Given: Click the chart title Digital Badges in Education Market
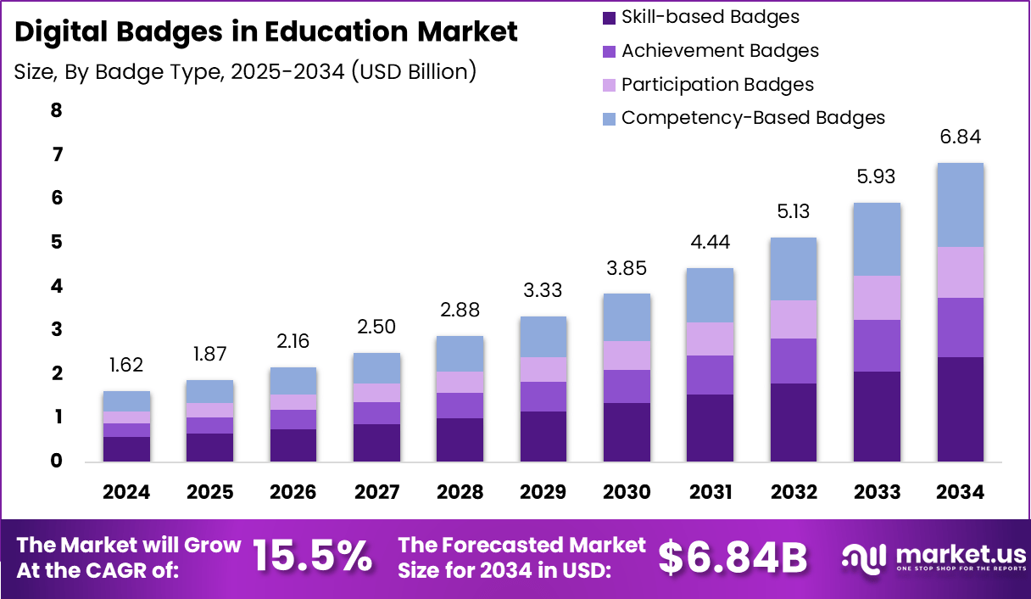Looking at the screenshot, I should coord(265,32).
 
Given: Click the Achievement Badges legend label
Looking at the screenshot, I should coord(720,51).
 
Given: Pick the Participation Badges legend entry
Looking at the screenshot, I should coord(717,85).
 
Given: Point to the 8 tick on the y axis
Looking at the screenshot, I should coord(57,111).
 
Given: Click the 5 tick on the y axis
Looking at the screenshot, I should coord(57,243).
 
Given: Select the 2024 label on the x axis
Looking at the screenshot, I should coord(126,492).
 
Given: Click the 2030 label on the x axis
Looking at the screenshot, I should coord(627,492).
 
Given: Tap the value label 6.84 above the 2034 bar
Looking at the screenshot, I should coord(960,137).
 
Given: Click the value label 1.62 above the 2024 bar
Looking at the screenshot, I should coord(126,366).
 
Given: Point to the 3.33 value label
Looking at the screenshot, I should coord(543,291).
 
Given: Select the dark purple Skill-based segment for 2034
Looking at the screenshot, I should coord(960,409).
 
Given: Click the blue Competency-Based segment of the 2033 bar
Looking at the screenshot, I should coord(877,239).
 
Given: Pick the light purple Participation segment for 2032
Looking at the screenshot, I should coord(794,319).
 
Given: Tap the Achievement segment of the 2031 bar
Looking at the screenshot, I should coord(710,375).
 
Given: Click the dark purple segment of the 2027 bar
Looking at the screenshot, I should coord(376,442).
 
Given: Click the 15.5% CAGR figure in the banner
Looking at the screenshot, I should coord(312,557).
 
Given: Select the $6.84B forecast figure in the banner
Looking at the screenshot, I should coord(733,557).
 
